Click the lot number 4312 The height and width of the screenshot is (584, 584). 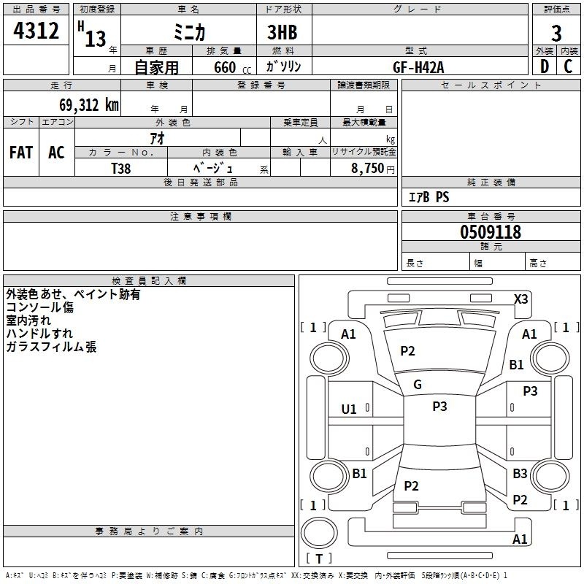[x=36, y=31]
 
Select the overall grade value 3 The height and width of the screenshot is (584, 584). [x=556, y=34]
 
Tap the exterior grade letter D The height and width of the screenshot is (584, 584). [x=545, y=66]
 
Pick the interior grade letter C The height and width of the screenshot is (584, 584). [x=568, y=66]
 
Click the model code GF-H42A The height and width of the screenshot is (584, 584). [x=418, y=67]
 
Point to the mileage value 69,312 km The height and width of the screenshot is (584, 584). [x=89, y=105]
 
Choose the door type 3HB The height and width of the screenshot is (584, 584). [x=283, y=32]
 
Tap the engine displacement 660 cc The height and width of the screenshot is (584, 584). [x=232, y=67]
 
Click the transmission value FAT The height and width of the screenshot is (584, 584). [x=21, y=153]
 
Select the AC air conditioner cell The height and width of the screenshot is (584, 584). [x=56, y=153]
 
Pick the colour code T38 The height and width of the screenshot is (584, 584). [x=120, y=169]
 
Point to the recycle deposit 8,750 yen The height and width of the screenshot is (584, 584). [x=372, y=169]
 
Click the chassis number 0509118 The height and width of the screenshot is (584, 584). [x=491, y=232]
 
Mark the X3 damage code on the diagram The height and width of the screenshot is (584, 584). [x=520, y=299]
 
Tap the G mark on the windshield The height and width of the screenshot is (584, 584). [x=418, y=385]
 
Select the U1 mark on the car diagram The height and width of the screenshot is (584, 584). [x=349, y=410]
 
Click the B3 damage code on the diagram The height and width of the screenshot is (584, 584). [x=520, y=473]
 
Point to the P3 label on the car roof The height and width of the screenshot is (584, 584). [x=439, y=406]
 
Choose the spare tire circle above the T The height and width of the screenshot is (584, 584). [x=319, y=533]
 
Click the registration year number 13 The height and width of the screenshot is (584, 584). [x=96, y=39]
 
